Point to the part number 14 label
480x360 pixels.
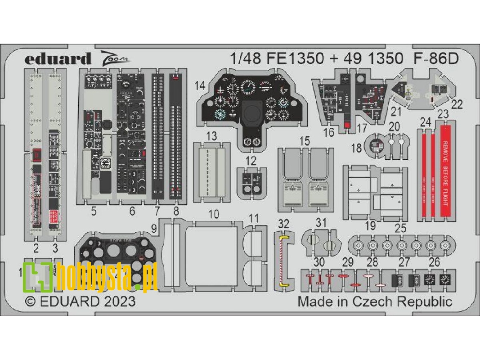200,85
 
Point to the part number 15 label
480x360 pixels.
304,141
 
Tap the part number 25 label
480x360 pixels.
401,227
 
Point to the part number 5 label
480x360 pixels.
93,211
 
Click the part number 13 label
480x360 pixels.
211,136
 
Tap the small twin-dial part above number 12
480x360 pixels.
252,183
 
